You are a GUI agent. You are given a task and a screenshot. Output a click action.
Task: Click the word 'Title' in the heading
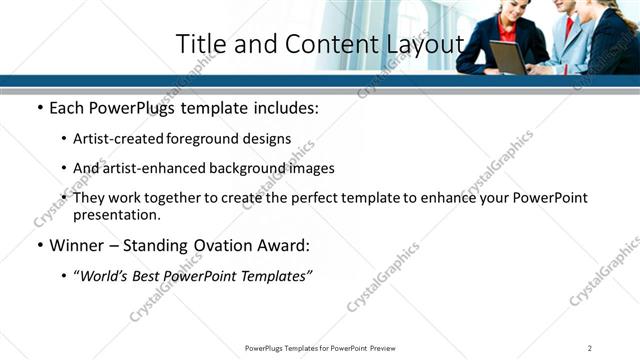198,45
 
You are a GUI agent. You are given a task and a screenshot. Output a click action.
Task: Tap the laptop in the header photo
507,58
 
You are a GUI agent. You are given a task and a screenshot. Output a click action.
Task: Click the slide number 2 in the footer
590,348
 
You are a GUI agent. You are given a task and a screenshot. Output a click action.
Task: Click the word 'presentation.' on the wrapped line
117,214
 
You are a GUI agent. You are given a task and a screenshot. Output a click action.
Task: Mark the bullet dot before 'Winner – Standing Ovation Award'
40,246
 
